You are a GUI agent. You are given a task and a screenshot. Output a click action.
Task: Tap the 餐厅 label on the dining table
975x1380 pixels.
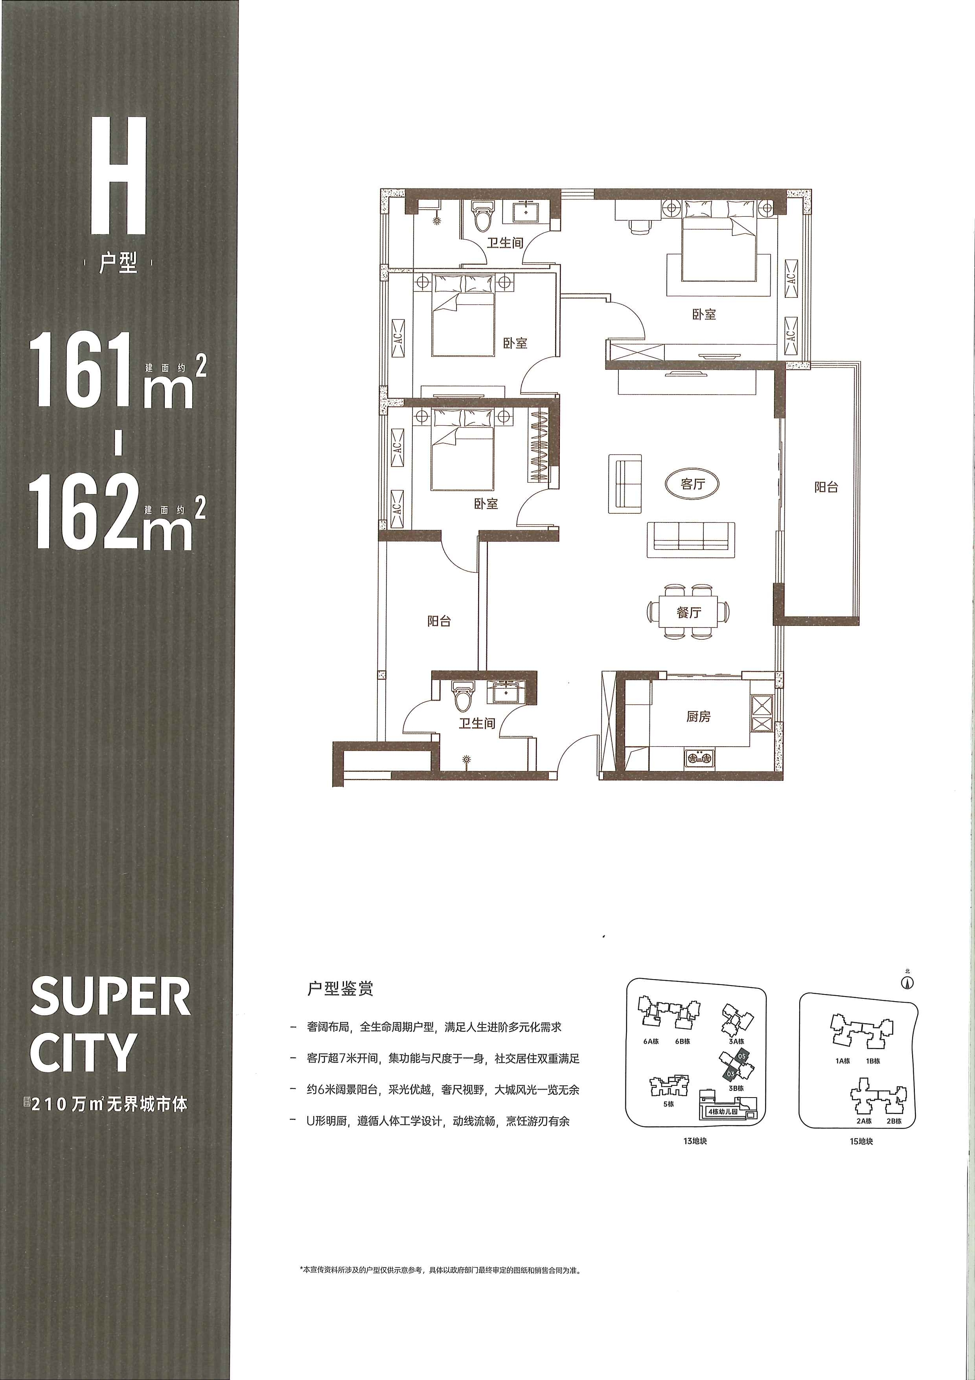tap(688, 613)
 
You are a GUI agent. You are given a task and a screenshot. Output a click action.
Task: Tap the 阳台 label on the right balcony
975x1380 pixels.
tap(826, 487)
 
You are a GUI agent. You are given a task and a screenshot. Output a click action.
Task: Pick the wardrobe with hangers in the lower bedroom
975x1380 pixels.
tap(539, 445)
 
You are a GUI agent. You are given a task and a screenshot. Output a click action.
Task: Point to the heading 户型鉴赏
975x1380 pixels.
tap(340, 988)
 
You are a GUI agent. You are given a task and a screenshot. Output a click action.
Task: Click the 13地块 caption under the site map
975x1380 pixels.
tap(695, 1141)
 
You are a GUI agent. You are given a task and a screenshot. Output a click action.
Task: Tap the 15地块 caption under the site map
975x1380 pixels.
tap(861, 1141)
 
